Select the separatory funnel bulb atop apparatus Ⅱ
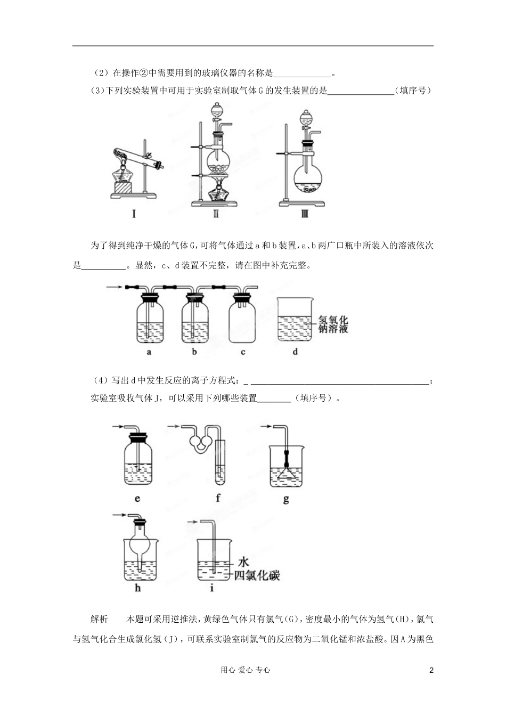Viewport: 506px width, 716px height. (x=217, y=112)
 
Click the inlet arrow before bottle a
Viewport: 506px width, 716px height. (x=114, y=287)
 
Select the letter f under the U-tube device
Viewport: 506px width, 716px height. (x=218, y=499)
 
